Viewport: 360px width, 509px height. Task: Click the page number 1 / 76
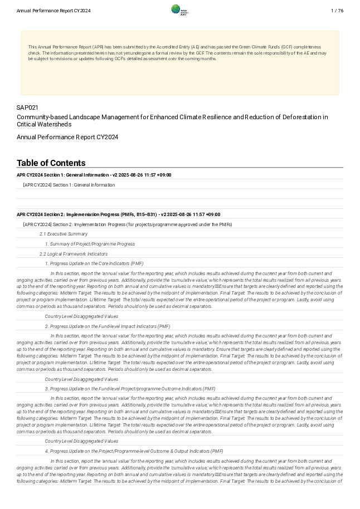point(337,11)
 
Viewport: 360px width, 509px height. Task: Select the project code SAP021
point(27,107)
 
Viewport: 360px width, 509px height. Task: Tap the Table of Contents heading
point(51,163)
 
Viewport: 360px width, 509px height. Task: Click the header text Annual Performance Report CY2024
point(53,11)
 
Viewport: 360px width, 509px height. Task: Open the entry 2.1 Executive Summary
point(63,234)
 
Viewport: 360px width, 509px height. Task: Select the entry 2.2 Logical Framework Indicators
point(73,254)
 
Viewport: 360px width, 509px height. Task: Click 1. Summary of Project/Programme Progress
point(90,244)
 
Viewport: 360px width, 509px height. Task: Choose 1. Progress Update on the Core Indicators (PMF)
point(94,263)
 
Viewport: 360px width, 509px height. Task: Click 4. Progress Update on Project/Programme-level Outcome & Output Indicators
point(134,451)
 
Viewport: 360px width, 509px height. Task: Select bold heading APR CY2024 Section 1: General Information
point(94,175)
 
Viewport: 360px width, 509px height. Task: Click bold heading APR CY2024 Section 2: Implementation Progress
point(118,214)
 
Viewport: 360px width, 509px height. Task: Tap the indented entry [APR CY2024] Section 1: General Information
point(69,185)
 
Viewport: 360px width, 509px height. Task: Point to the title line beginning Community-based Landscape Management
point(172,117)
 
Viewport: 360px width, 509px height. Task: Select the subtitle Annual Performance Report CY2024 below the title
point(67,137)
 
